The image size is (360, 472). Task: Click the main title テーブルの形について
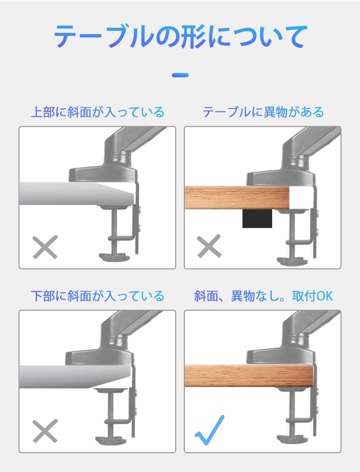pyautogui.click(x=180, y=36)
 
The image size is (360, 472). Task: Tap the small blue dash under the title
pyautogui.click(x=180, y=75)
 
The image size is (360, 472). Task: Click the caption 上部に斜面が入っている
pyautogui.click(x=97, y=112)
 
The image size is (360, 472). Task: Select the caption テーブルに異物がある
pyautogui.click(x=263, y=112)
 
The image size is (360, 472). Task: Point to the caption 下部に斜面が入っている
pyautogui.click(x=97, y=296)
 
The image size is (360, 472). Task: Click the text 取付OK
pyautogui.click(x=312, y=296)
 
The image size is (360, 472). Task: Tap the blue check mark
pyautogui.click(x=209, y=430)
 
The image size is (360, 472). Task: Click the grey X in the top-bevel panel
pyautogui.click(x=45, y=247)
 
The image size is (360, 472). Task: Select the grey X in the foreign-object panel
pyautogui.click(x=209, y=246)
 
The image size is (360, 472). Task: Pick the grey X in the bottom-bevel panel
pyautogui.click(x=45, y=431)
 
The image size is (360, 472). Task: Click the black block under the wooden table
pyautogui.click(x=257, y=218)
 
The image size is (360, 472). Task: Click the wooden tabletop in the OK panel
pyautogui.click(x=249, y=375)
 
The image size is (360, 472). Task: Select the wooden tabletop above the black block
pyautogui.click(x=237, y=197)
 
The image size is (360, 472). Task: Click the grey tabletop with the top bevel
pyautogui.click(x=76, y=194)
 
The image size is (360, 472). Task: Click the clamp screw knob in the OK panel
pyautogui.click(x=291, y=439)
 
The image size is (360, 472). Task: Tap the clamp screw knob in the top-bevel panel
pyautogui.click(x=114, y=257)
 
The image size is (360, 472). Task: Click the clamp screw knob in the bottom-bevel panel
pyautogui.click(x=111, y=440)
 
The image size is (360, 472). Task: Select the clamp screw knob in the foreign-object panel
pyautogui.click(x=291, y=261)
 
